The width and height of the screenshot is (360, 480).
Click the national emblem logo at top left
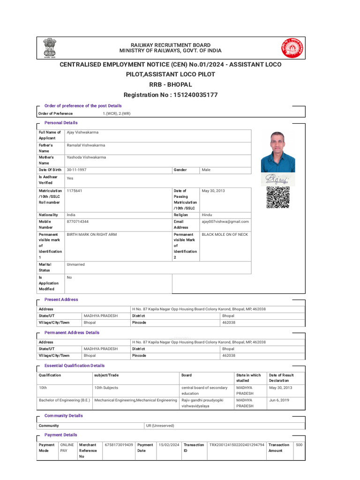(x=49, y=48)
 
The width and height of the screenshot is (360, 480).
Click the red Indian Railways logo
(x=292, y=48)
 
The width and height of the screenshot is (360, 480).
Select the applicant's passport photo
(x=278, y=152)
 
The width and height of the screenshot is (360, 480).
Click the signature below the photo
(x=277, y=179)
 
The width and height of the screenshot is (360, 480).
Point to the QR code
(x=278, y=197)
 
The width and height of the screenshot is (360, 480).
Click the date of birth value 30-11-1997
(x=77, y=170)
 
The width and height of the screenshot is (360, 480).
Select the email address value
(x=225, y=222)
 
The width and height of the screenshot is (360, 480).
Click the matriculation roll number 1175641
(x=75, y=191)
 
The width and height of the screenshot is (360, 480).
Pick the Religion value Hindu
(x=207, y=215)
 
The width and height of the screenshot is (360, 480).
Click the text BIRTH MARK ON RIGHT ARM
(x=92, y=234)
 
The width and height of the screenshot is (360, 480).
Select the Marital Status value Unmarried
(x=76, y=264)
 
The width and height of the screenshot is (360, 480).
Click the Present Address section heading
(x=61, y=300)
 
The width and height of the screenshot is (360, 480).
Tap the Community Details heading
(x=63, y=416)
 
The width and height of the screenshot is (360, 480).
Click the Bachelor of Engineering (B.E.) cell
(x=64, y=400)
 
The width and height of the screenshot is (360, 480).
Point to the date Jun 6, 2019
(x=279, y=400)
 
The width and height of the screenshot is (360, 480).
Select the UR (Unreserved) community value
(x=160, y=426)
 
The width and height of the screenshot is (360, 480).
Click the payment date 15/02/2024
(x=169, y=444)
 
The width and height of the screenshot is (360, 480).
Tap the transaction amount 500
(x=299, y=444)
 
